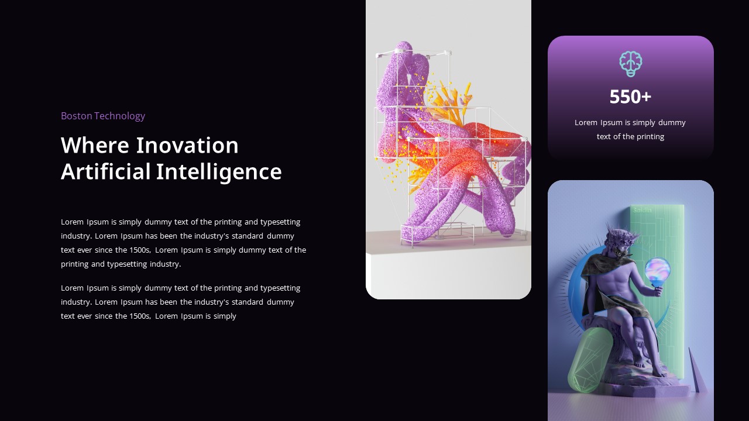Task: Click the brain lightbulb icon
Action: coord(630,63)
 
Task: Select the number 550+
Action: coord(630,97)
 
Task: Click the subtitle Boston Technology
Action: coord(103,116)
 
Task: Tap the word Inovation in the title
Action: coord(187,146)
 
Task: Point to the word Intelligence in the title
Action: coord(219,172)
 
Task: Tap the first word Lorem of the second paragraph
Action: coord(73,288)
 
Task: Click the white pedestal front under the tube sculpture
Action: coord(448,275)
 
